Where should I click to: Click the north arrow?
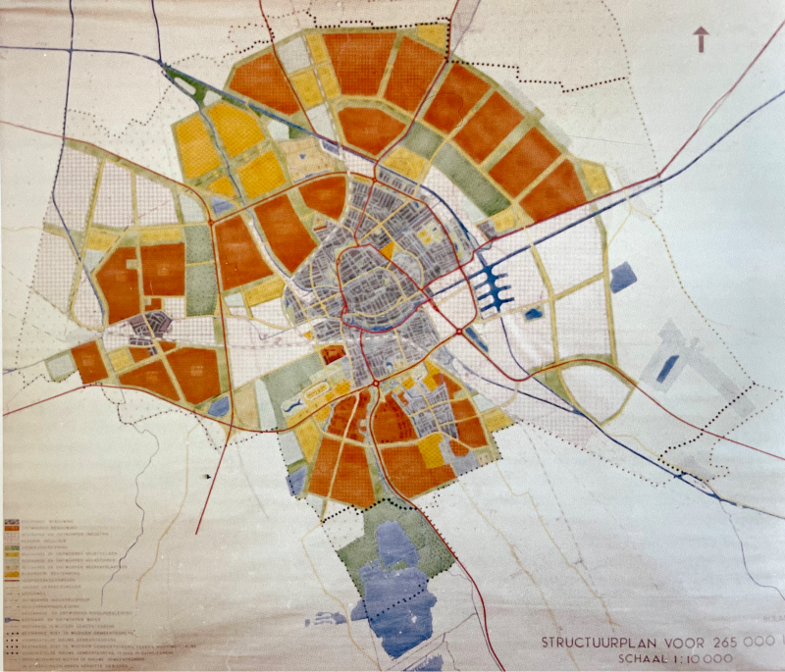702,39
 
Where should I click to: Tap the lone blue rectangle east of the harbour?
623,278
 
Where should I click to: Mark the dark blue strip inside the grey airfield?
667,368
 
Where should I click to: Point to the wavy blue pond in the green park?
295,403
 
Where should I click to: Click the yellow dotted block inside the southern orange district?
431,449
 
